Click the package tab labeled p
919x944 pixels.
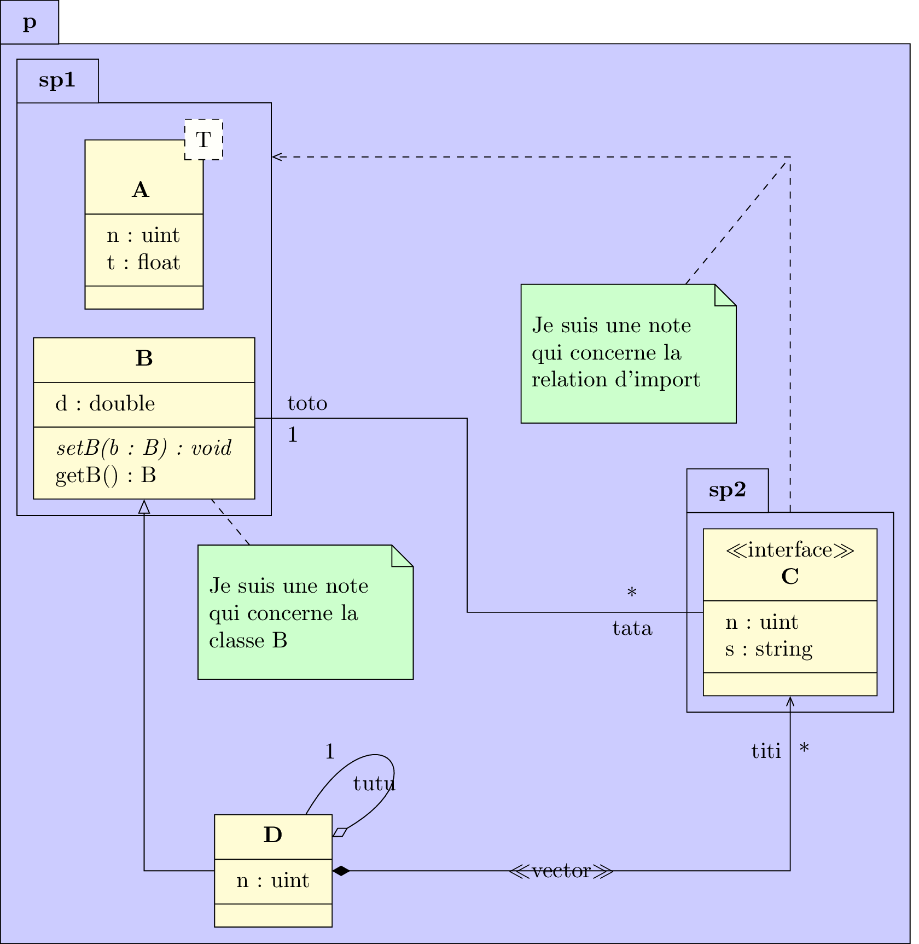pos(30,22)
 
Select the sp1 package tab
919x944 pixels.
pos(57,80)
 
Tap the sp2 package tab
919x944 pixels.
pos(727,490)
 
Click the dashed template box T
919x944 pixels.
pos(203,140)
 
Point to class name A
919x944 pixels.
pos(141,190)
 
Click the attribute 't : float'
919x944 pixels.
pos(143,263)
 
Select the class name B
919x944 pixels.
pos(144,358)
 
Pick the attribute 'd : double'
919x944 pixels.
pos(105,404)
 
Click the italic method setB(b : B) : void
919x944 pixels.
pos(144,448)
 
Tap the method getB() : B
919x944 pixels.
pos(106,476)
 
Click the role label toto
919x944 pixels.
pos(307,404)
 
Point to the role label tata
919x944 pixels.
pos(632,629)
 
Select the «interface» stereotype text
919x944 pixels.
pos(790,550)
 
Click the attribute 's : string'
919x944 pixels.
pos(769,650)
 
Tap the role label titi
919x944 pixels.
pos(766,752)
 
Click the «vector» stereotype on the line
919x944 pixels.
pos(561,871)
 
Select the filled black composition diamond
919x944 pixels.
pos(341,871)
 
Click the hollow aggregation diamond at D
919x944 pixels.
pos(340,832)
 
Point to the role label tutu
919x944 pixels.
pos(374,784)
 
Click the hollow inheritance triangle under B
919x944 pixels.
pos(144,507)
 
